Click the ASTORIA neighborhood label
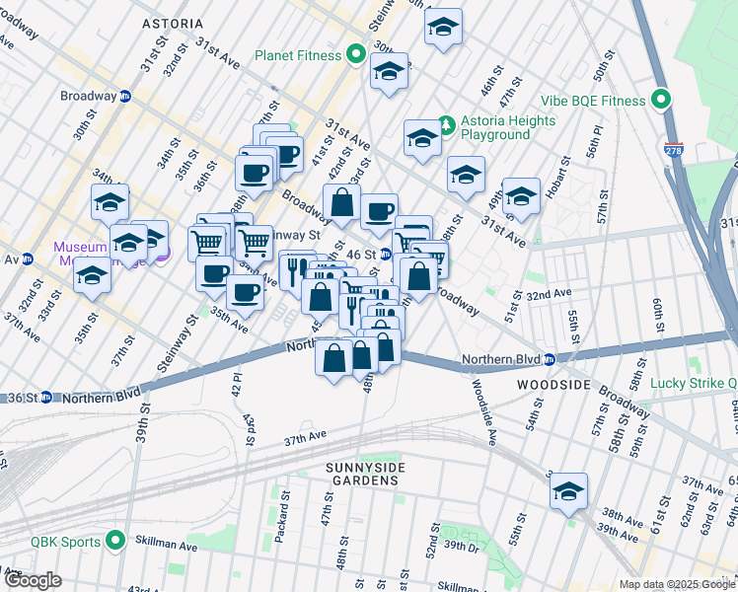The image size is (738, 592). [x=172, y=23]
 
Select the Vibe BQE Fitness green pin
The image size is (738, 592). [x=660, y=101]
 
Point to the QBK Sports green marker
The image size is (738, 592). [x=115, y=541]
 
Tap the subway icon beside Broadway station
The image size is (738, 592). [x=125, y=98]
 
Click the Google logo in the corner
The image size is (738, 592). [x=34, y=580]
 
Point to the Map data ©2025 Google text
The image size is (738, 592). [x=676, y=584]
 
